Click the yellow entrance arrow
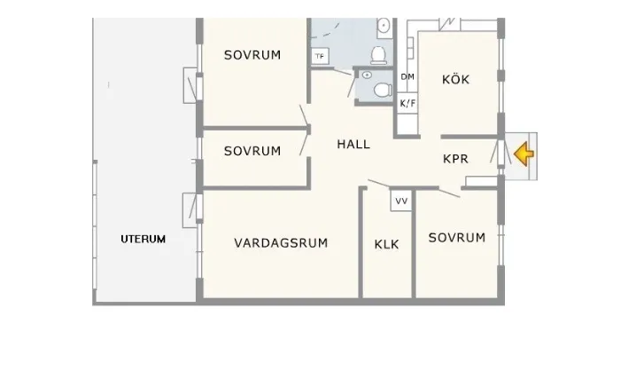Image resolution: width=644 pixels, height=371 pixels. coord(524,154)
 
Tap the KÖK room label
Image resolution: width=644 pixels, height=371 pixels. coord(455,80)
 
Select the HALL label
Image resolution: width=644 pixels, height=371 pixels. coord(353,145)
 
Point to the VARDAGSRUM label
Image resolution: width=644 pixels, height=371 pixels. coord(282,242)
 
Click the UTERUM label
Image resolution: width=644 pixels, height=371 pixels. coord(144,239)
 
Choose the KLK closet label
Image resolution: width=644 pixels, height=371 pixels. coord(386,244)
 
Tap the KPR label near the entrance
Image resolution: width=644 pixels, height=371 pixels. coord(455,159)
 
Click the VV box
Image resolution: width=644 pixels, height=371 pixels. coord(401,201)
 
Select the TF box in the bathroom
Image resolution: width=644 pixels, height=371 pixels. coord(320,57)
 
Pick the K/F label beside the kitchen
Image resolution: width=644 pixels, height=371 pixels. coord(407,104)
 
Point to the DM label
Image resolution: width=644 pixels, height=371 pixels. coord(407,77)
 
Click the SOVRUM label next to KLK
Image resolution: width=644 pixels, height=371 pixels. coord(457,237)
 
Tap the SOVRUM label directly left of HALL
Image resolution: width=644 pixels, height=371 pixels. coord(252,151)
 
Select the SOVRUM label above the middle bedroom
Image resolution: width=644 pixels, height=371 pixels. coord(252,55)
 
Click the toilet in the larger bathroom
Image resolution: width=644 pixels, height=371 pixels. coord(379,55)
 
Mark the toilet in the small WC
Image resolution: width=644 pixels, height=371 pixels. coord(383,89)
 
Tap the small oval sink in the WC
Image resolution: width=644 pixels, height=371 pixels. coord(366,75)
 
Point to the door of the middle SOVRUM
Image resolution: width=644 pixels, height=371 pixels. coord(305,142)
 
